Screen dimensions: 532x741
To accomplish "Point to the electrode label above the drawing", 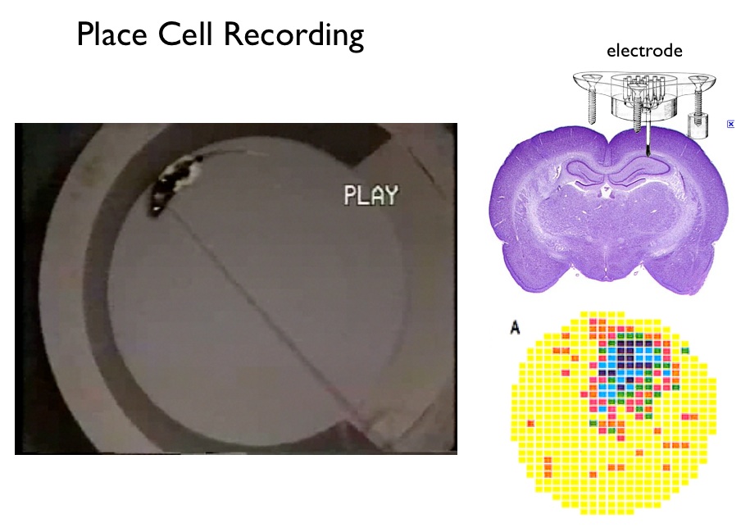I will point(644,51).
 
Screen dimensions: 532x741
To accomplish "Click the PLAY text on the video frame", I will point(370,195).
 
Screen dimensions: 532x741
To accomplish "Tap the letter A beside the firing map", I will point(516,328).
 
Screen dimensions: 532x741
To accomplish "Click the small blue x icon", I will point(730,124).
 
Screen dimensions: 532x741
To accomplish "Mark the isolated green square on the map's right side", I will point(685,350).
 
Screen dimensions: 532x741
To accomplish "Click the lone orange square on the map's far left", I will point(530,423).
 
